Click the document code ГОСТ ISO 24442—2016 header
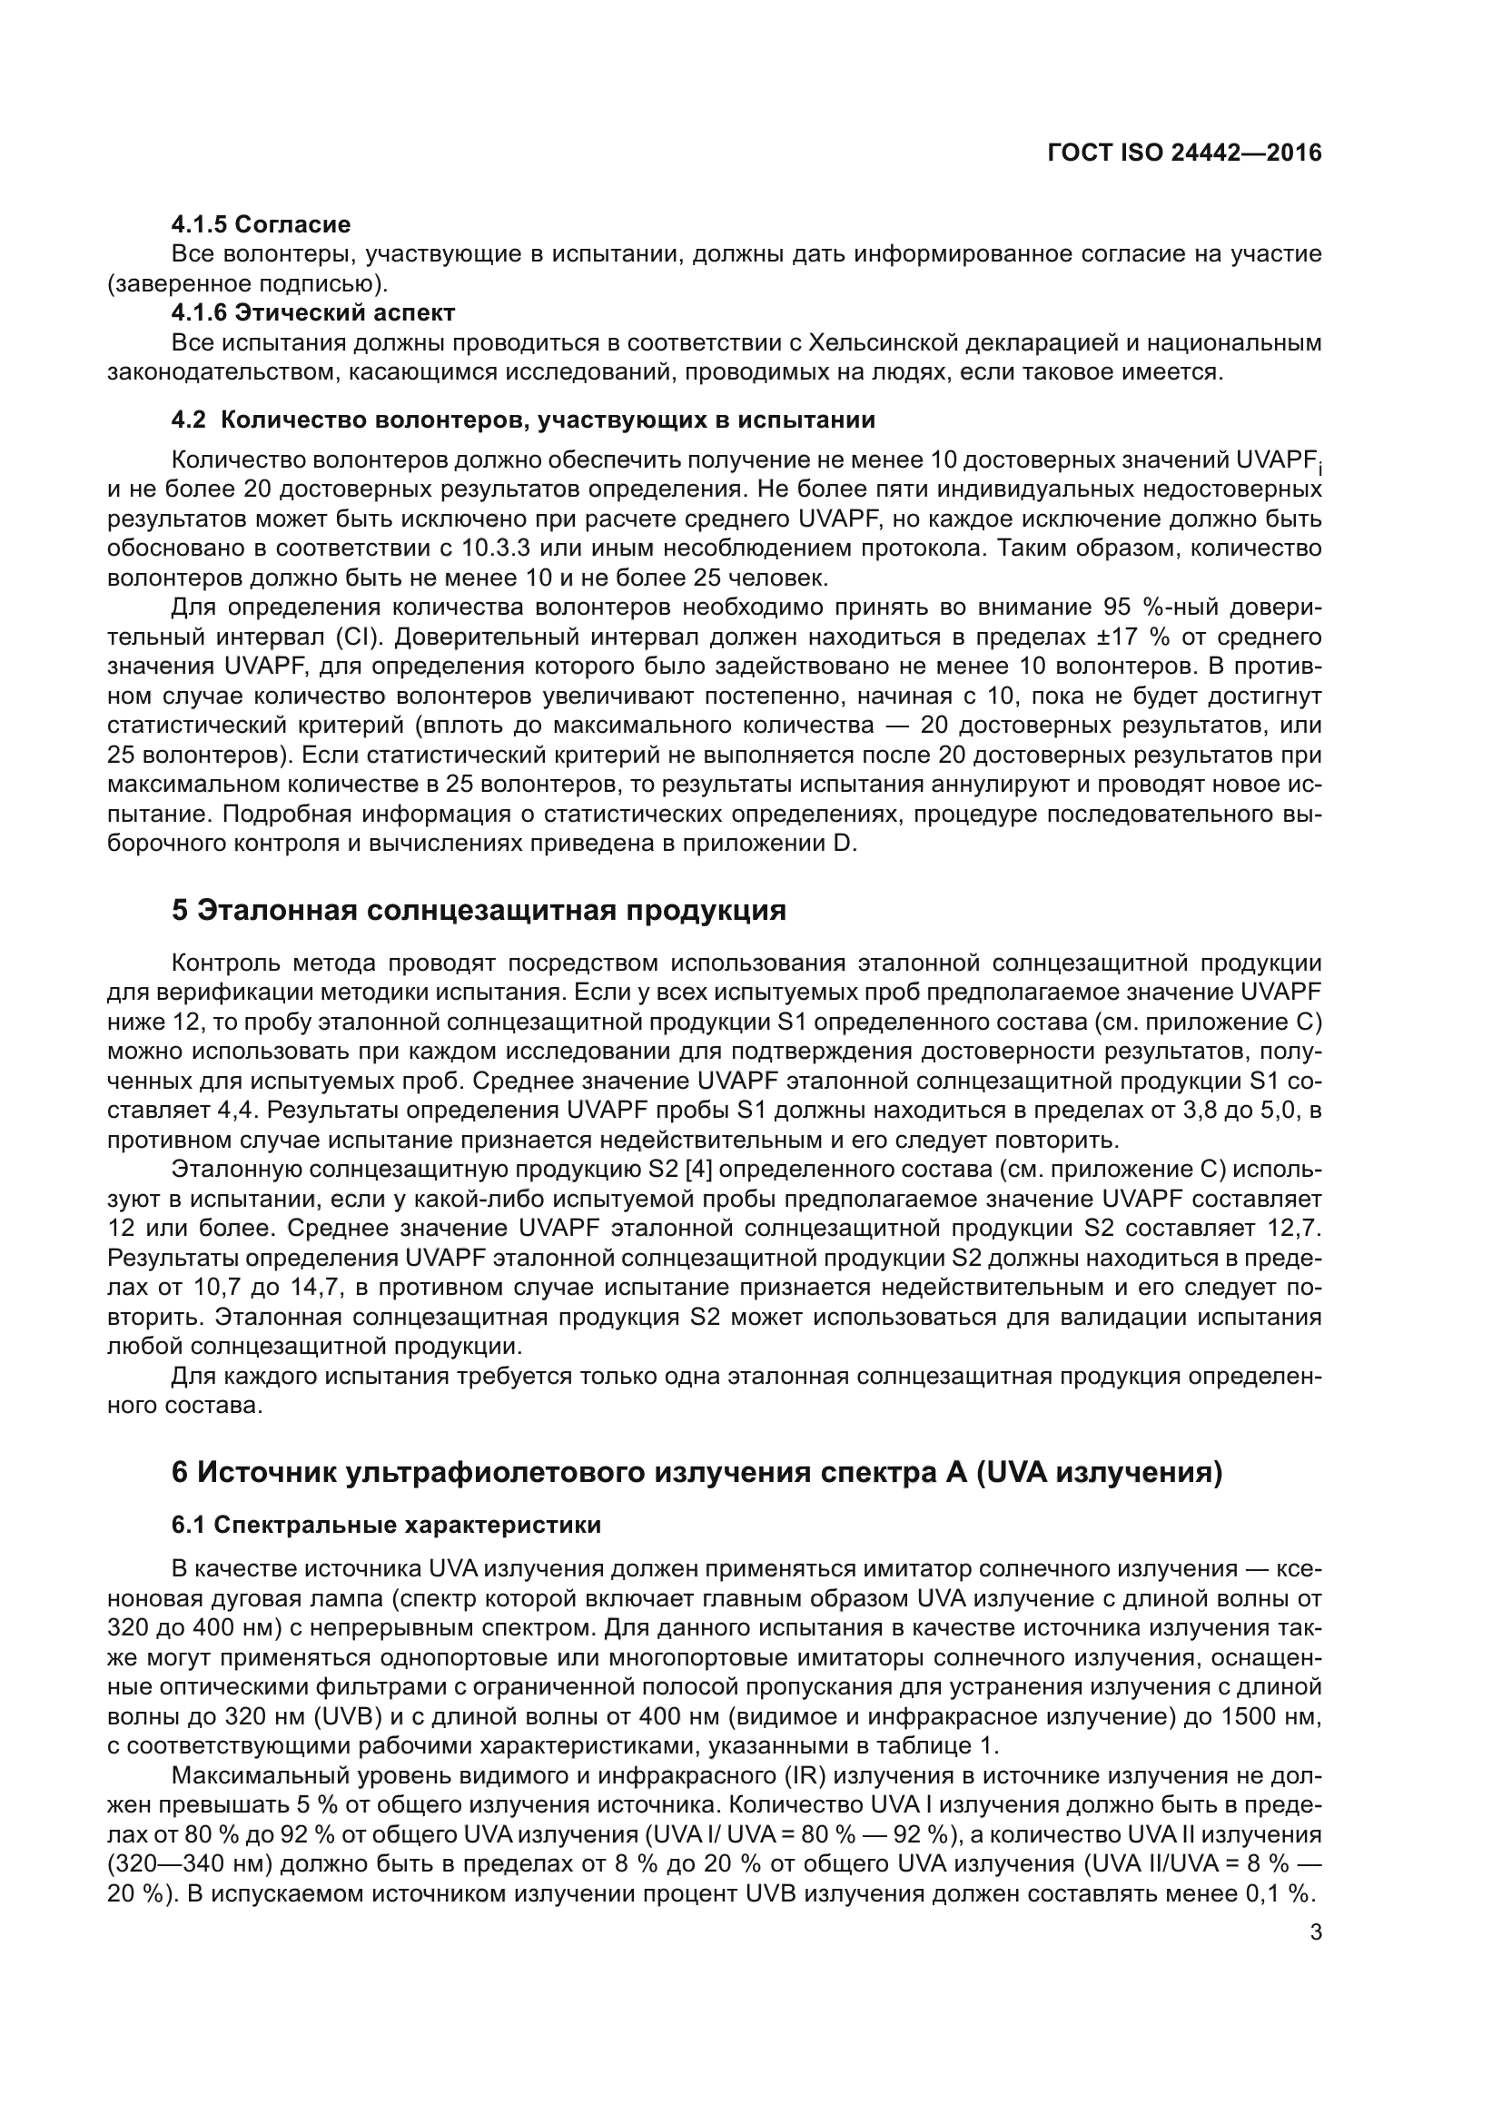coord(1184,153)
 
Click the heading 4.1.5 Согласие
coord(261,224)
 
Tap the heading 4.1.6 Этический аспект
coord(312,312)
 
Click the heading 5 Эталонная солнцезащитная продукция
coord(479,909)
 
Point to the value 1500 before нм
coord(1250,1716)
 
